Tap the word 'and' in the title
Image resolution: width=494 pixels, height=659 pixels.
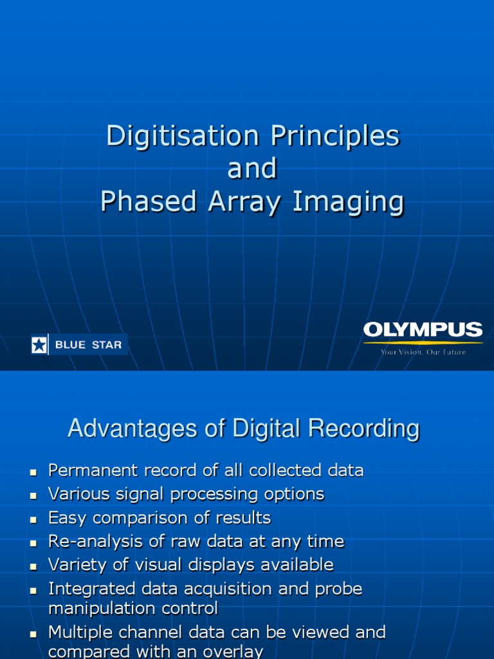[252, 169]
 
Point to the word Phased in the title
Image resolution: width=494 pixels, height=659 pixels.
[149, 201]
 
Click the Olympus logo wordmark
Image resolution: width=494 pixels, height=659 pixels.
[423, 331]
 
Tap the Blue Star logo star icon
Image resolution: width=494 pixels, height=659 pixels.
[40, 345]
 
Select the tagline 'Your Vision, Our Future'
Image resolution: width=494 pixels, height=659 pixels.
[423, 352]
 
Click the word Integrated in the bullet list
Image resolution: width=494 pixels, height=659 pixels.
[91, 589]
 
